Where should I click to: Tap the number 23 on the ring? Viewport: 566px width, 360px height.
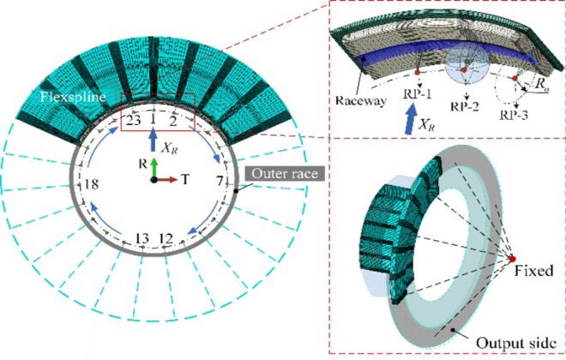[x=133, y=123]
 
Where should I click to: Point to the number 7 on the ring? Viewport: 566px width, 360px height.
[x=220, y=181]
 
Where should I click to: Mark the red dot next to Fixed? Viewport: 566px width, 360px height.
[x=513, y=258]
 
